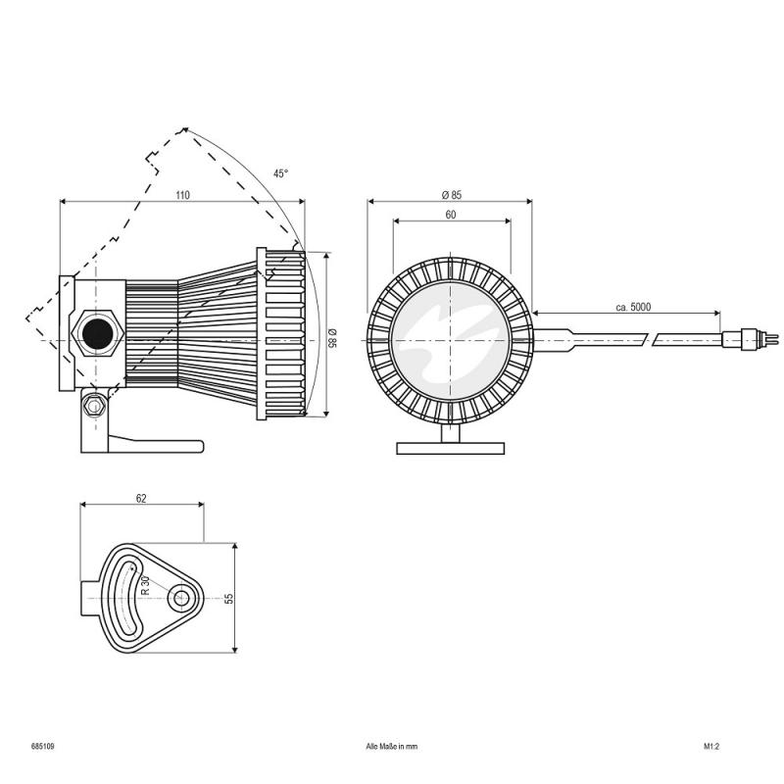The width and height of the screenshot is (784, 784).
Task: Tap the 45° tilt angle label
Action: pyautogui.click(x=281, y=173)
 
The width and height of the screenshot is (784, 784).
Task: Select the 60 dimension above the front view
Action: pyautogui.click(x=450, y=214)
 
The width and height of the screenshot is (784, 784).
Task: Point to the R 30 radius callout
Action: pyautogui.click(x=145, y=585)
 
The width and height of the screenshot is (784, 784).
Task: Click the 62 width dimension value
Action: pyautogui.click(x=141, y=499)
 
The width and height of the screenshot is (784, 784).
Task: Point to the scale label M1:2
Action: pyautogui.click(x=711, y=746)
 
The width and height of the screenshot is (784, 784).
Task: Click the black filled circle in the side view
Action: pyautogui.click(x=96, y=333)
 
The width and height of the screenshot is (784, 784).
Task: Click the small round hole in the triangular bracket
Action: pyautogui.click(x=179, y=597)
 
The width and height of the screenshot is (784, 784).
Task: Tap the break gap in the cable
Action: pyautogui.click(x=650, y=338)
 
